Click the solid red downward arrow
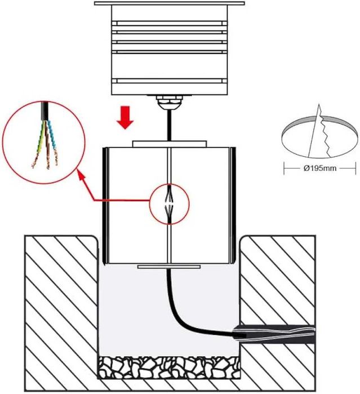(125, 117)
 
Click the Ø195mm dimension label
(320, 168)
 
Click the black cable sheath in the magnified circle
(46, 111)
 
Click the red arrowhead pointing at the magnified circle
(81, 175)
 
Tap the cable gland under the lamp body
(169, 101)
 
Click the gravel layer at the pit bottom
(169, 367)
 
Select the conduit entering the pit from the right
(274, 334)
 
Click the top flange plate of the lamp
(170, 3)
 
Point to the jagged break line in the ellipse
(323, 131)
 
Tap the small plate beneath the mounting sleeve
(169, 267)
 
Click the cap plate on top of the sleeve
(170, 144)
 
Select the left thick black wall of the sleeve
(105, 206)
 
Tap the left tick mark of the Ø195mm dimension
(284, 168)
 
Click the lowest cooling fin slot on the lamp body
(170, 81)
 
